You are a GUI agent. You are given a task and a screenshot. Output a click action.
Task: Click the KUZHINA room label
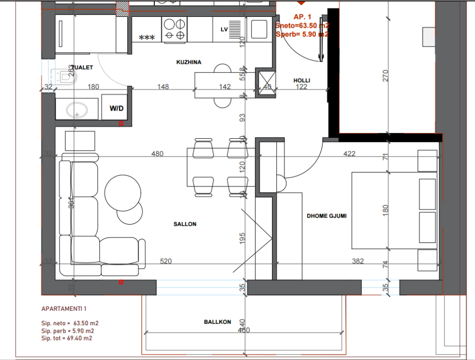coord(189,62)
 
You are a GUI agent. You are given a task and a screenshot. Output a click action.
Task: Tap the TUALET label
coord(83,67)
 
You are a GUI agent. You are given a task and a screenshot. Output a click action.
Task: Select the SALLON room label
coord(185,224)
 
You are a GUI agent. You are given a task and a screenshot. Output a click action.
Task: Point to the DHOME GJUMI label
coord(326,216)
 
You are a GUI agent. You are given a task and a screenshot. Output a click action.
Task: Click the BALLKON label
coord(217,322)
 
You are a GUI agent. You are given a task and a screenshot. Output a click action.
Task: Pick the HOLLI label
coord(302,81)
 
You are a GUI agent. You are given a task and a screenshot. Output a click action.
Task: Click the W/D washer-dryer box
coord(116,108)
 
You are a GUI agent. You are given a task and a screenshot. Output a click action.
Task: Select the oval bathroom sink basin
coord(76,111)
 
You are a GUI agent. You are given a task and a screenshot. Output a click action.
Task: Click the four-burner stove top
coord(174,29)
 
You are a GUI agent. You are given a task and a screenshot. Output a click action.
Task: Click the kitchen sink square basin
coord(258,29)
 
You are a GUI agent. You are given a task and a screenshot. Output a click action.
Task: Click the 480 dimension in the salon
coord(158,154)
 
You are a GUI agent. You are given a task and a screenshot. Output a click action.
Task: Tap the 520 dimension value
coord(166,261)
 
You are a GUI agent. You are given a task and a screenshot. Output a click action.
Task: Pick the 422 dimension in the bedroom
coord(349,154)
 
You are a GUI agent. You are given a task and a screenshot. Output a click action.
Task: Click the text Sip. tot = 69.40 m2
coord(66,338)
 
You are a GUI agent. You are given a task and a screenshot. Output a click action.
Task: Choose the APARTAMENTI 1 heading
coord(64,309)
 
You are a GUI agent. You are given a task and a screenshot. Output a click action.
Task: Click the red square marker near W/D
coord(121,123)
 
